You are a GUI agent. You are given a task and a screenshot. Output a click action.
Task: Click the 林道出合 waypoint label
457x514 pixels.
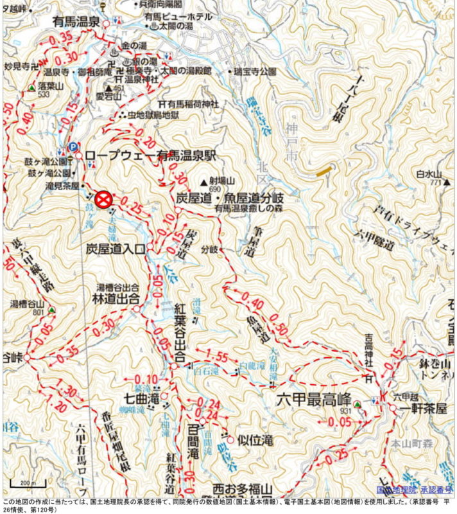click(x=113, y=299)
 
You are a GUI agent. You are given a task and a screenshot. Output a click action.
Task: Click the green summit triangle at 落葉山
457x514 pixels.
click(x=31, y=87)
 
